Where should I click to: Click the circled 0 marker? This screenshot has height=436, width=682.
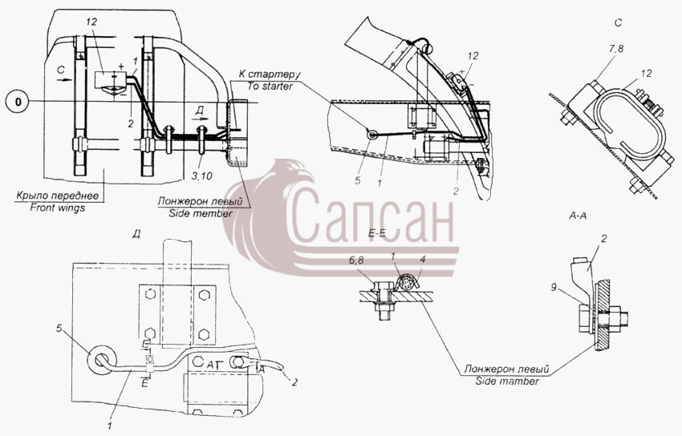tap(18, 102)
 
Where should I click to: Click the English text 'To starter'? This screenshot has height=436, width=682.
tap(270, 86)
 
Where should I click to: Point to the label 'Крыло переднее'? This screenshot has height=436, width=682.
tap(58, 196)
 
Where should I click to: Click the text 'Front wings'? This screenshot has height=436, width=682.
tap(58, 208)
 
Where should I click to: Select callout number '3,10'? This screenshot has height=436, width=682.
tap(201, 176)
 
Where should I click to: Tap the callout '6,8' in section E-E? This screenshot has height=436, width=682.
tap(358, 260)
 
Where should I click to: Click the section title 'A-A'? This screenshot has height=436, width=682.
tap(578, 216)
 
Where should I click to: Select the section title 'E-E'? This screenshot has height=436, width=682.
tap(376, 233)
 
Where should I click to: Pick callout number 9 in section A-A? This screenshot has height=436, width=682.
tap(554, 287)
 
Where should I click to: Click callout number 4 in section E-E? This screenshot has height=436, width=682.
tap(422, 260)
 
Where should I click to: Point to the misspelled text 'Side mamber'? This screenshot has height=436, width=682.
tap(507, 381)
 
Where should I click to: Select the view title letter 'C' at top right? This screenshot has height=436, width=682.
tap(619, 22)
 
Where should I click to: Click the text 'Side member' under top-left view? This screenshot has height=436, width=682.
tap(201, 214)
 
